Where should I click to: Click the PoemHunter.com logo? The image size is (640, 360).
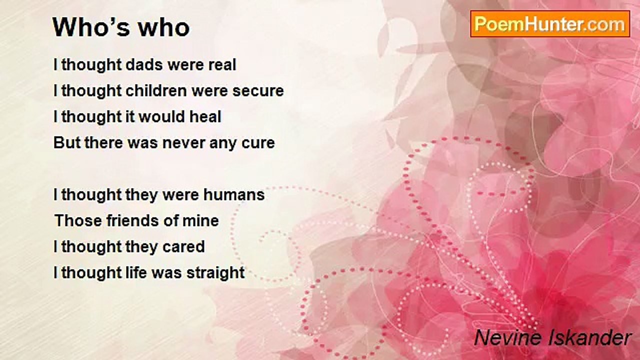tap(549, 24)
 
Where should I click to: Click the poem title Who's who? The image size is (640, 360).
tap(121, 28)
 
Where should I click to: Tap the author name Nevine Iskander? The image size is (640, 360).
tap(552, 338)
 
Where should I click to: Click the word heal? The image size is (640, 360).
tap(205, 117)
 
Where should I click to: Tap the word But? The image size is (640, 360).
tap(66, 143)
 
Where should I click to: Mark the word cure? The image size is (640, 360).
tap(258, 143)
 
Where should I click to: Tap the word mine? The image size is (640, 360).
tap(200, 221)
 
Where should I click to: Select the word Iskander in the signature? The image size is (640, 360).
tap(594, 338)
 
